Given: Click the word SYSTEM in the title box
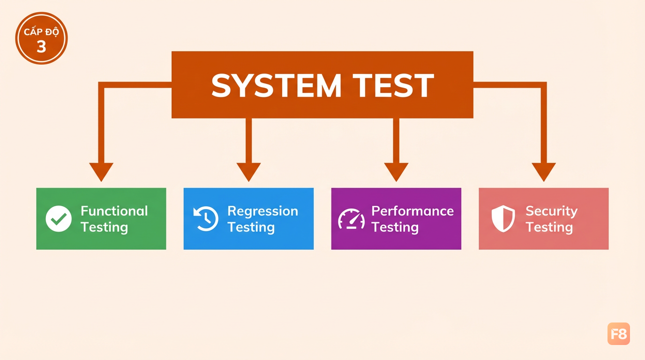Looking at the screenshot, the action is point(276,85).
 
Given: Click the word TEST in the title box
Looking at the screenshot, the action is point(393,85).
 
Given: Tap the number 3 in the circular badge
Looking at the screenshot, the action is point(41,46).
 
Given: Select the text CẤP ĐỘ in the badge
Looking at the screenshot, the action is point(41,31).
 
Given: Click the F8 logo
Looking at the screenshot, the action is point(618,334).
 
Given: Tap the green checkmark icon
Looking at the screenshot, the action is point(59,219).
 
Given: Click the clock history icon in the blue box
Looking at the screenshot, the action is point(206,218).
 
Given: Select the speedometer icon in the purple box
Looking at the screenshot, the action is point(351,219).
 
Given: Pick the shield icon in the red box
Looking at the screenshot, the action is point(503,218).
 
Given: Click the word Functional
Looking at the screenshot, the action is point(114,211).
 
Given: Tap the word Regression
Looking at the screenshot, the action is point(262,211).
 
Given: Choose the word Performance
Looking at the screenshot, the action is point(412,211).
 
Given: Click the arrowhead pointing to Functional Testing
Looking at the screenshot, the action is point(101,172).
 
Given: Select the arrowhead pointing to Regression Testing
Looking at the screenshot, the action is point(248,172).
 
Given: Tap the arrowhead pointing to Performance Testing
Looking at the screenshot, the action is point(396,172).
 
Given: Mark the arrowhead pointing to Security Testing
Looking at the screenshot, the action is point(544,172).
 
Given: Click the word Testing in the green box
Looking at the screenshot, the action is point(104,227).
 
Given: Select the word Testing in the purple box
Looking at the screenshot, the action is point(395,227).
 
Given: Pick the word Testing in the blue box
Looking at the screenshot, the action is point(251,227).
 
